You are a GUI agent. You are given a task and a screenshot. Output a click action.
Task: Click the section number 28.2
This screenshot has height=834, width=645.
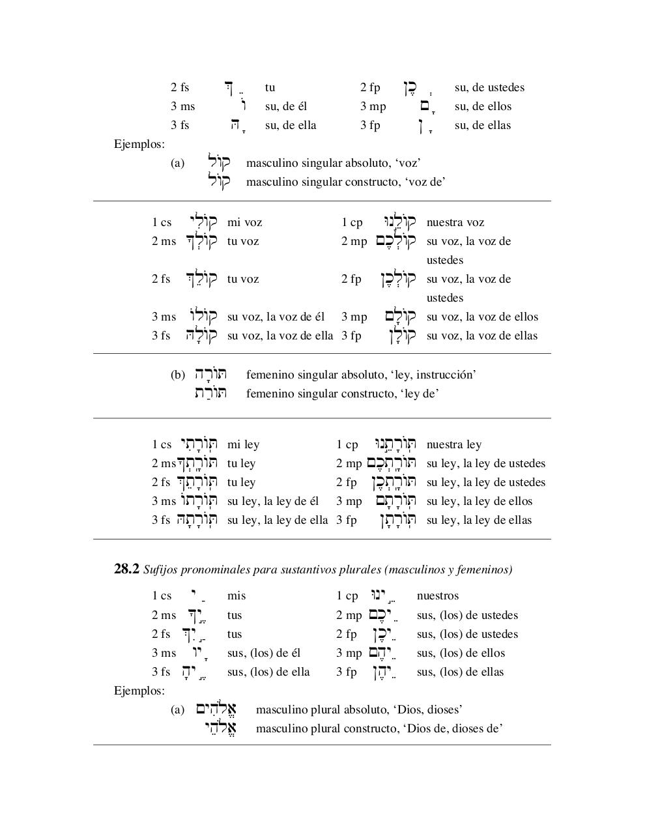coord(126,569)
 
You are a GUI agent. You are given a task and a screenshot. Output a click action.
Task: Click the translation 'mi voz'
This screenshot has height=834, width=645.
coord(244,223)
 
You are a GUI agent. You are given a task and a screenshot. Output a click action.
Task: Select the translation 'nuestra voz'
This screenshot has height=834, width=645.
coord(455,223)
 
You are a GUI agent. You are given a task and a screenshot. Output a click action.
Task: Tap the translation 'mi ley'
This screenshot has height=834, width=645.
coord(243,445)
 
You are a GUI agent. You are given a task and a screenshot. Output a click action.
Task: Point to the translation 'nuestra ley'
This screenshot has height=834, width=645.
coord(453,445)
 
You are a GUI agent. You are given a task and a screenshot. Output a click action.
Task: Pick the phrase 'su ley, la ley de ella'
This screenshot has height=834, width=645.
coord(278,521)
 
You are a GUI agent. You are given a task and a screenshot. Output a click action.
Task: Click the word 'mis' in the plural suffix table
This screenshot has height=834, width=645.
coord(236,596)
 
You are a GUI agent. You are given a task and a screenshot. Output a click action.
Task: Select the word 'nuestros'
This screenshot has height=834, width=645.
coord(438,596)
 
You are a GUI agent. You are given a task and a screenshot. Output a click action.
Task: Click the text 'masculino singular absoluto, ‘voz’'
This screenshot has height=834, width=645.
coord(333,164)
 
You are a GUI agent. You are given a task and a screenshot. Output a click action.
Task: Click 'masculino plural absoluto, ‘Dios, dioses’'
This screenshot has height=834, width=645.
coord(359,710)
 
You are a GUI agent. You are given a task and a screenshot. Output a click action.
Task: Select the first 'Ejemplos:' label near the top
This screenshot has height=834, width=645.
coord(139,144)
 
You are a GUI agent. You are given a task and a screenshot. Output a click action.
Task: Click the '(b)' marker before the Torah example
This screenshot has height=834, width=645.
coord(178,375)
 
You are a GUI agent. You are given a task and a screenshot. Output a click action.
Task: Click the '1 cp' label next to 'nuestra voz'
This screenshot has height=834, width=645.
coord(352,223)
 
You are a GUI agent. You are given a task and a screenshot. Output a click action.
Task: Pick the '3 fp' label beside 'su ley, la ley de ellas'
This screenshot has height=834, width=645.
coord(347,521)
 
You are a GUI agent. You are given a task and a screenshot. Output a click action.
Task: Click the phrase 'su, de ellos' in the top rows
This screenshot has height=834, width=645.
coord(483,107)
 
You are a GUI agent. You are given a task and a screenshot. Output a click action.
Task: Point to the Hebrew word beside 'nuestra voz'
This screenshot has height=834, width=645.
coord(399,222)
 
